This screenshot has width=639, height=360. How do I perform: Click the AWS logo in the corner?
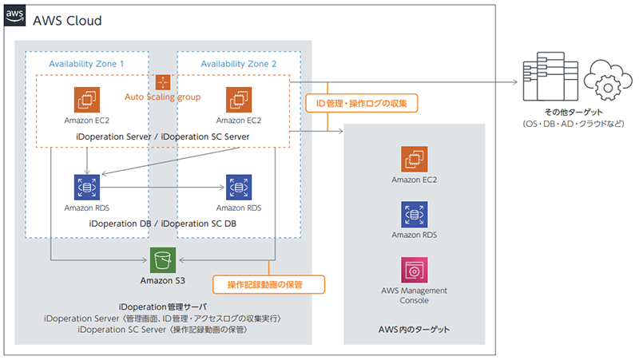point(14,18)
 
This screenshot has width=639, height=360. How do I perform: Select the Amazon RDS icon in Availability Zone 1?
point(85,188)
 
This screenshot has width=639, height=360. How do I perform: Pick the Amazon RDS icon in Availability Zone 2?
point(237,188)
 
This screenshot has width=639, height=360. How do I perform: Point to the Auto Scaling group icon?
point(163,82)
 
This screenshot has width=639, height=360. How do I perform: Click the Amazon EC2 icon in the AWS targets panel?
point(414,160)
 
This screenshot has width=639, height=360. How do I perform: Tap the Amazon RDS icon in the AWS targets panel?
point(414,215)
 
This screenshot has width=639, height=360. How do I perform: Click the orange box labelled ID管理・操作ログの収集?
point(362,103)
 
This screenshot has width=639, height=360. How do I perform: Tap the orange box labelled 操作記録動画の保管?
point(268,284)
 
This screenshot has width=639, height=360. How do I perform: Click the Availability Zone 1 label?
point(86,63)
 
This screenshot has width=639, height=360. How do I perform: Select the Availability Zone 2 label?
point(238,63)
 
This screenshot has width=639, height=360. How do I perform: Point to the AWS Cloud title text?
point(67,19)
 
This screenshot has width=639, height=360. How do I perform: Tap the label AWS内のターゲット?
point(414,330)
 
